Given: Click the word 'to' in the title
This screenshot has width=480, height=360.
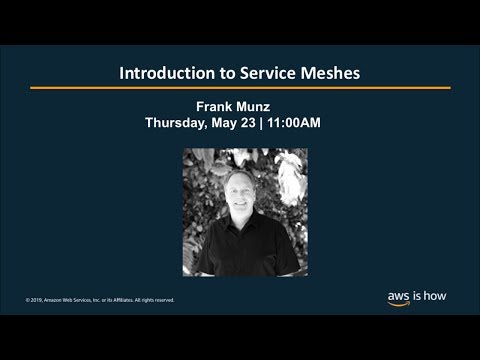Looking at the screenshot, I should [214, 74].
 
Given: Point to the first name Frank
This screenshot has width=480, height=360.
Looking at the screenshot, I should [218, 106].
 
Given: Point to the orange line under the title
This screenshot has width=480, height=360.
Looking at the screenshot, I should [240, 88].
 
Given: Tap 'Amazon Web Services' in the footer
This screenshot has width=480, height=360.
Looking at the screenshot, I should [68, 299].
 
